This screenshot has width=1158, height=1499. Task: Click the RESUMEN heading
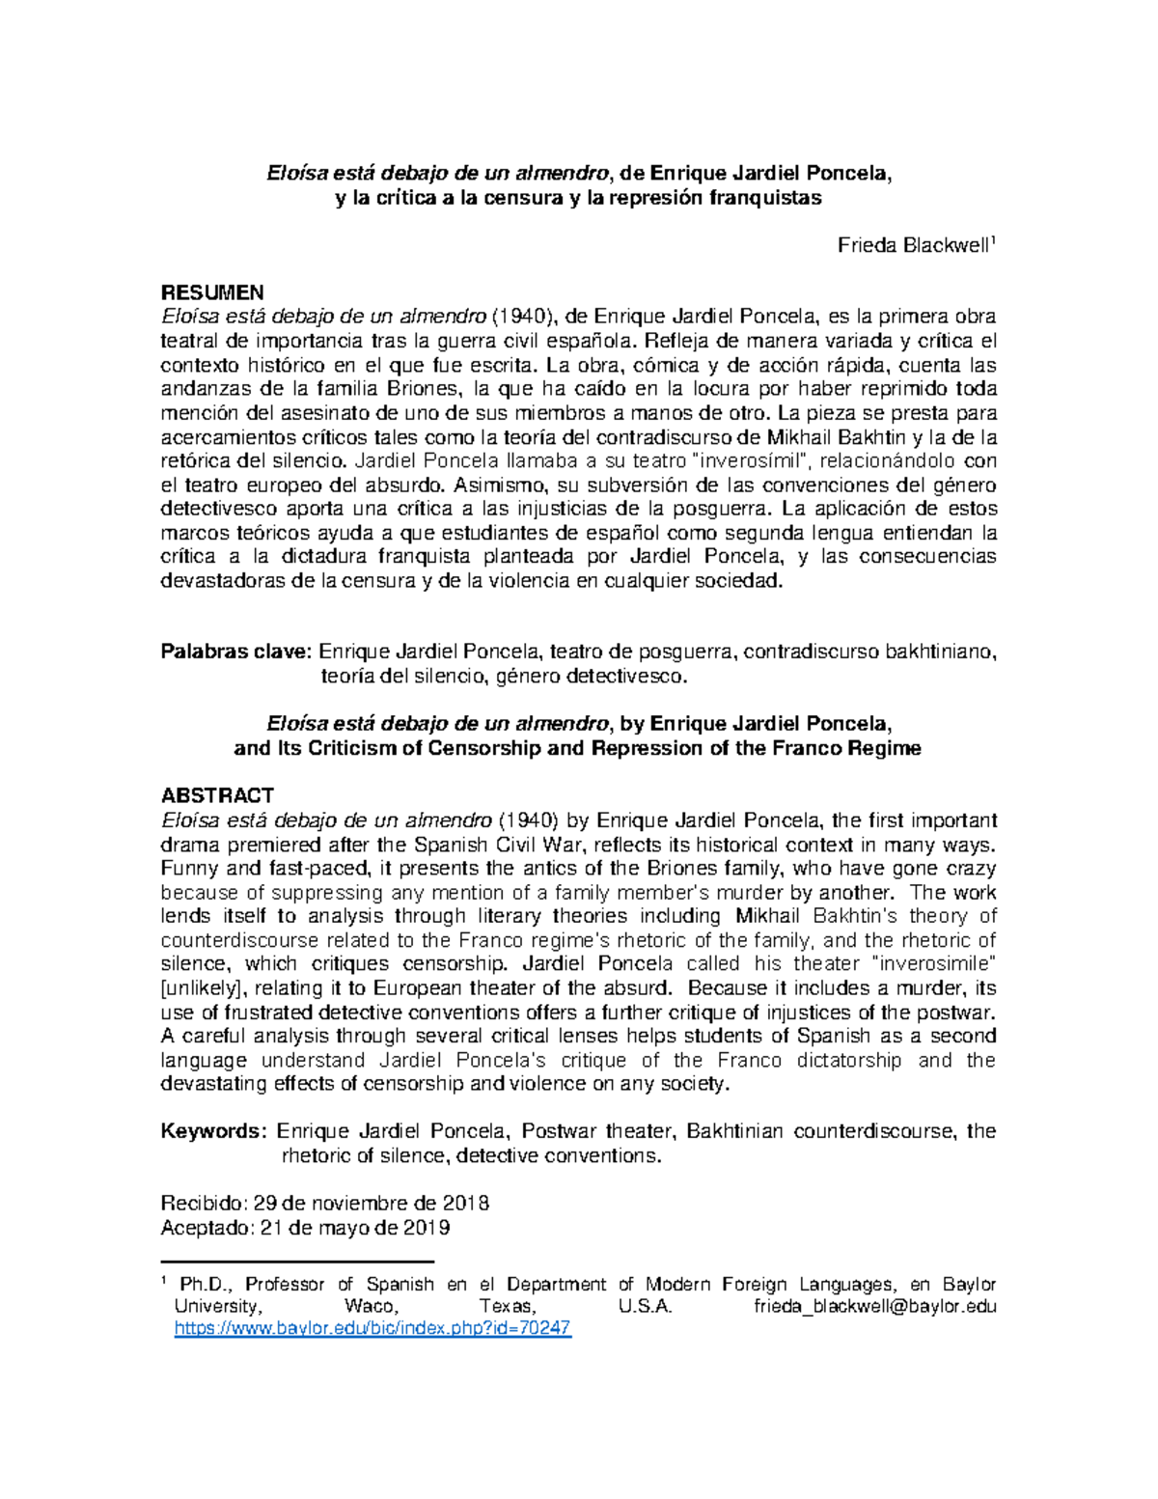coord(211,292)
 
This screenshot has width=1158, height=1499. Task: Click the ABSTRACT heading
coord(217,795)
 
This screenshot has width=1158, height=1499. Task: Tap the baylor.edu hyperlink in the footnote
coord(372,1329)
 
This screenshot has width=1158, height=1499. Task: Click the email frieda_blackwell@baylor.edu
coord(873,1307)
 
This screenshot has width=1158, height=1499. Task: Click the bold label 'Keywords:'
coord(213,1131)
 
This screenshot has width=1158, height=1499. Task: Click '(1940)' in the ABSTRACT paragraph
coord(529,820)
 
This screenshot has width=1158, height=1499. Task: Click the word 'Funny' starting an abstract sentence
coord(187,868)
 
